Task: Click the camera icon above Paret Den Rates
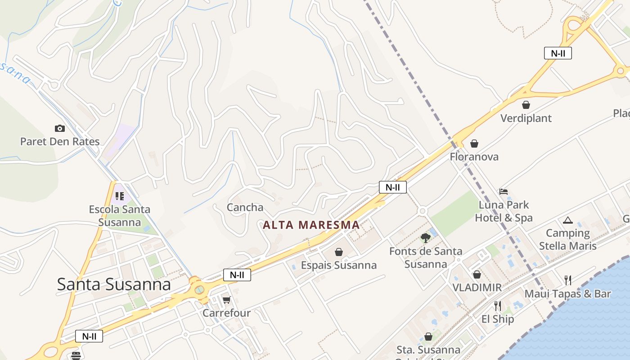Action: pyautogui.click(x=60, y=129)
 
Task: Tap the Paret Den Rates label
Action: pyautogui.click(x=60, y=141)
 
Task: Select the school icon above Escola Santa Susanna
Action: pyautogui.click(x=119, y=196)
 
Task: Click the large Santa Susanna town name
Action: pyautogui.click(x=114, y=284)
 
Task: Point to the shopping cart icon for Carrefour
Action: pyautogui.click(x=226, y=300)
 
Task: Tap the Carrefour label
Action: pyautogui.click(x=226, y=313)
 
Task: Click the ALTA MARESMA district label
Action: pyautogui.click(x=311, y=225)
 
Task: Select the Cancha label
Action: pyautogui.click(x=245, y=207)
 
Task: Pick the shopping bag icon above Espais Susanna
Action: pyautogui.click(x=339, y=252)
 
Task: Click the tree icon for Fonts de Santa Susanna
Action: pyautogui.click(x=425, y=238)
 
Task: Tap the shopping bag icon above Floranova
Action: pyautogui.click(x=474, y=144)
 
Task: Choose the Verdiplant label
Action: pyautogui.click(x=526, y=118)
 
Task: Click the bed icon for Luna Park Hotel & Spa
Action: pyautogui.click(x=504, y=192)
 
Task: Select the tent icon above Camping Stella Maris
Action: pyautogui.click(x=567, y=220)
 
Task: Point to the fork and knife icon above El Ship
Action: pyautogui.click(x=497, y=306)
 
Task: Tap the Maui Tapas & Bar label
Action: pyautogui.click(x=567, y=294)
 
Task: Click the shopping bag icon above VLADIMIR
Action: pyautogui.click(x=477, y=274)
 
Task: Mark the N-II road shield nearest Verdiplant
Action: pyautogui.click(x=558, y=53)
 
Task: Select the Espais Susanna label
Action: pyautogui.click(x=339, y=265)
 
